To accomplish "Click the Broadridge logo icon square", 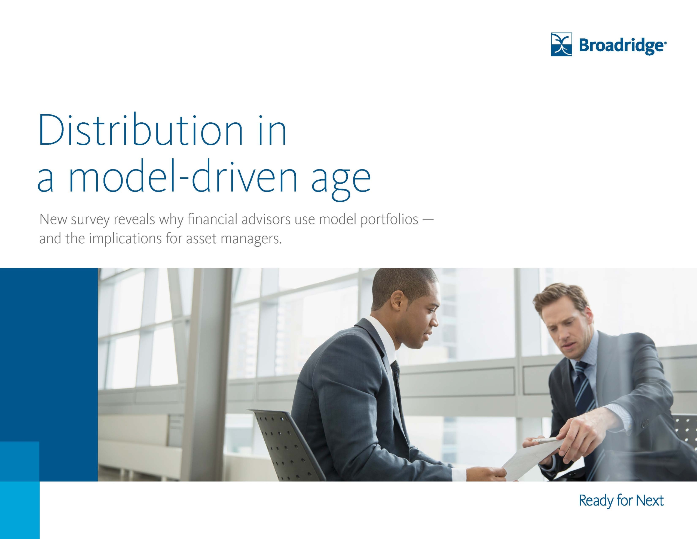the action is [x=561, y=44].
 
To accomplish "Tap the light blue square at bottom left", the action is [x=20, y=490].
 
